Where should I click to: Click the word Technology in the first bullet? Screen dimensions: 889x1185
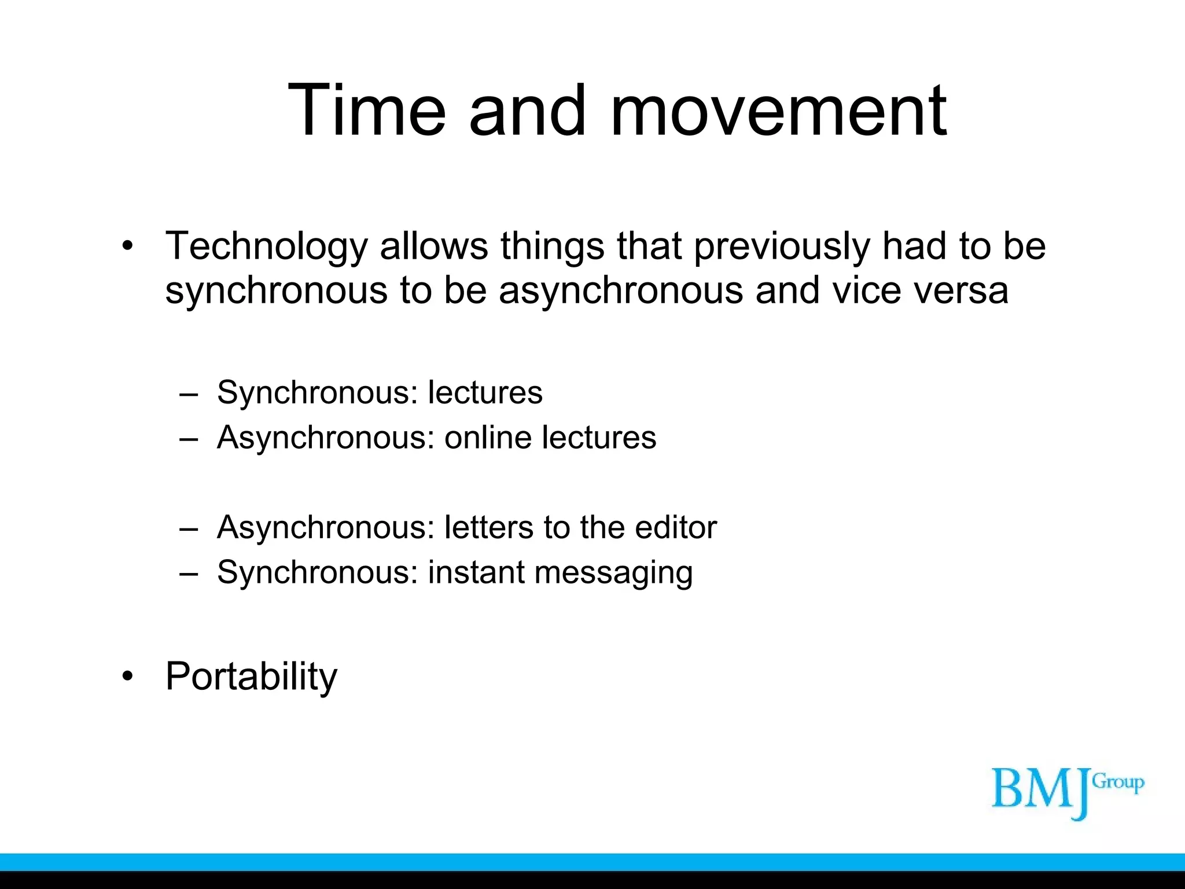pyautogui.click(x=266, y=247)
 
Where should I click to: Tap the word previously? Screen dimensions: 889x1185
pyautogui.click(x=781, y=247)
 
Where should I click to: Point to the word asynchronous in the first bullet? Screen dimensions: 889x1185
pyautogui.click(x=621, y=291)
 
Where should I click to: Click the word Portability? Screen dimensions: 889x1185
pyautogui.click(x=251, y=676)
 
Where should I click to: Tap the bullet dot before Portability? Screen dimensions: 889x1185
pyautogui.click(x=128, y=676)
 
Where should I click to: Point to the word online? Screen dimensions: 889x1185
pyautogui.click(x=487, y=437)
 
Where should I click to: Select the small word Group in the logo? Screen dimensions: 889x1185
pyautogui.click(x=1118, y=783)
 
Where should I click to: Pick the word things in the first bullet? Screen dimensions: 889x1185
pyautogui.click(x=552, y=247)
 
